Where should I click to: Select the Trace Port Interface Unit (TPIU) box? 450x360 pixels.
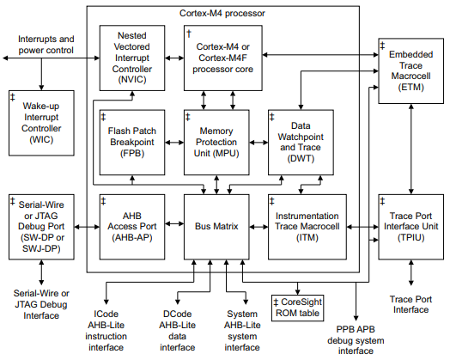(410, 227)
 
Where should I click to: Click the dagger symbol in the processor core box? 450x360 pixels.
(189, 32)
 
